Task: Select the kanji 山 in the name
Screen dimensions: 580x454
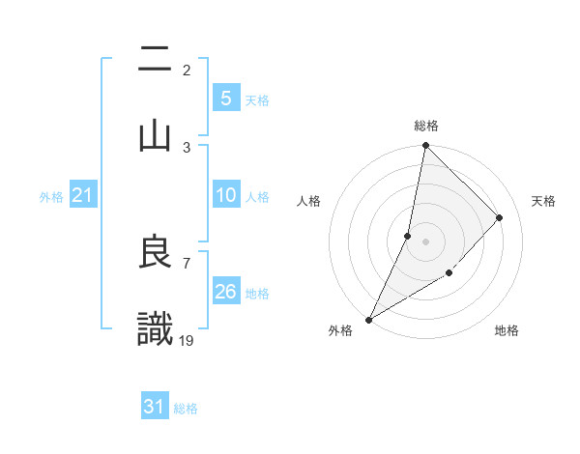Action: click(x=155, y=135)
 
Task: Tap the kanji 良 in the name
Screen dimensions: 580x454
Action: click(x=155, y=253)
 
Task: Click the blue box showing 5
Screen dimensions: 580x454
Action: click(x=225, y=98)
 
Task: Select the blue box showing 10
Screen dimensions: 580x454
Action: click(x=225, y=196)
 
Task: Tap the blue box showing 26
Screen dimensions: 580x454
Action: click(x=225, y=292)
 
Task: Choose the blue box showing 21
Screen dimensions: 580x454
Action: click(x=82, y=196)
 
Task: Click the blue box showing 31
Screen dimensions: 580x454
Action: click(x=155, y=407)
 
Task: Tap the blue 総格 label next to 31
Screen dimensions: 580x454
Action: click(x=186, y=409)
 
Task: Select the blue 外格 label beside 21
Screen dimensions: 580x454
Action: click(x=51, y=197)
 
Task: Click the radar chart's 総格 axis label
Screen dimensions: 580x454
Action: click(x=426, y=126)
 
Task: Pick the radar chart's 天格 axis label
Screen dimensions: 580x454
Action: click(x=543, y=201)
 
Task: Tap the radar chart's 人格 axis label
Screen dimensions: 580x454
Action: click(x=309, y=201)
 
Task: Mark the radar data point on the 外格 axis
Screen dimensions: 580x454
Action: click(x=368, y=319)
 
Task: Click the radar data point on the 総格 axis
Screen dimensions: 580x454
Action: click(x=425, y=145)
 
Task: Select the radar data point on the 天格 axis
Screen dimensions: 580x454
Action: click(x=500, y=217)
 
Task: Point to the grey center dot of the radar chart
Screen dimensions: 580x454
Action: click(x=425, y=241)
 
